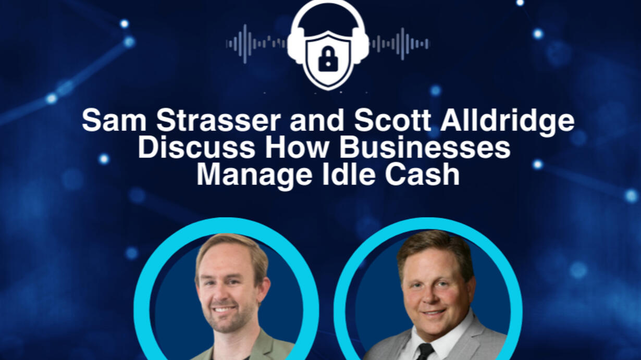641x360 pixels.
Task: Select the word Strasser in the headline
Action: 218,120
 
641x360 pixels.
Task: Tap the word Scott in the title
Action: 392,120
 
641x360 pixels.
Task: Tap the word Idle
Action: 349,175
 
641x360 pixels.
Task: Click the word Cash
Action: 422,175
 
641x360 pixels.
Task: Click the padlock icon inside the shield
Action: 328,59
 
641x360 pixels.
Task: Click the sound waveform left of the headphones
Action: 256,44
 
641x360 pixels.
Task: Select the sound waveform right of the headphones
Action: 400,44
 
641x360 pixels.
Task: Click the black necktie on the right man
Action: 424,352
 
